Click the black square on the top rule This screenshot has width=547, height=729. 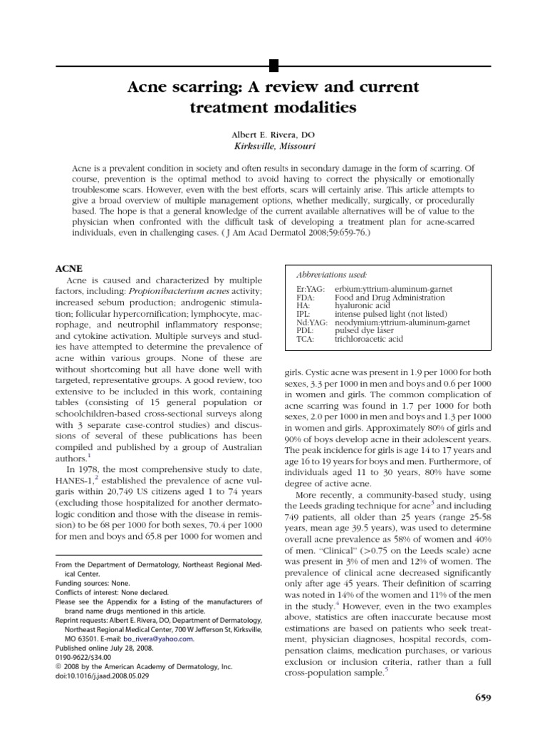273,66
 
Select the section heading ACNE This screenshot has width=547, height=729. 69,268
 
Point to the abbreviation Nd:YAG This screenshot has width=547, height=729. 311,322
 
